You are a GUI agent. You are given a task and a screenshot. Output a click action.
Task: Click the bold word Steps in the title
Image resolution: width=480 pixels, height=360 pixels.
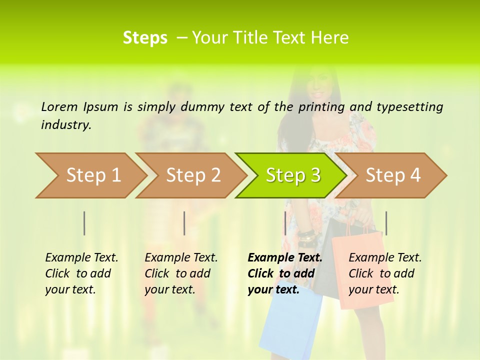tap(145, 37)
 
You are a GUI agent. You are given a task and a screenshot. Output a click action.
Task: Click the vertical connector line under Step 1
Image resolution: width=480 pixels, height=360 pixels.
tap(84, 223)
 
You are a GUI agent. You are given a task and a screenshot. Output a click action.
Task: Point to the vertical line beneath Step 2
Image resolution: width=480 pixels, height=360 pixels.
tap(184, 223)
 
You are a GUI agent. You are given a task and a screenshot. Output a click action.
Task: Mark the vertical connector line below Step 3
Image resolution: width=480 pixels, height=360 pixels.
tap(285, 223)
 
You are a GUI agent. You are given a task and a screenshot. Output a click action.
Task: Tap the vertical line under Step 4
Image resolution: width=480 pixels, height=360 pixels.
tap(386, 223)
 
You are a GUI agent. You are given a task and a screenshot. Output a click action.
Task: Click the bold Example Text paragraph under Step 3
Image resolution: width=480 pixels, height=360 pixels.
tap(284, 273)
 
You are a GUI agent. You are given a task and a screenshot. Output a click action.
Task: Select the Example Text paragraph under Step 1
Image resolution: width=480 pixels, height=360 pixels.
tap(81, 273)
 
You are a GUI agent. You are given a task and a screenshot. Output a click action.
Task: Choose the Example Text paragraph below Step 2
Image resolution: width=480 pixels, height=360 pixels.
tap(181, 273)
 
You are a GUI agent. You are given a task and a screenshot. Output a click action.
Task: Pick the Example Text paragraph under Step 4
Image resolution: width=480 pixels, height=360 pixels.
tap(385, 273)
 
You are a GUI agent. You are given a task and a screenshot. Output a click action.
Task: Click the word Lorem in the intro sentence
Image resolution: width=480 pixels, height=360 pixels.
tap(59, 106)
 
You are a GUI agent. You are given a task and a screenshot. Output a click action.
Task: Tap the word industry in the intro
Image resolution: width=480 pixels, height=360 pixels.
tap(66, 124)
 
